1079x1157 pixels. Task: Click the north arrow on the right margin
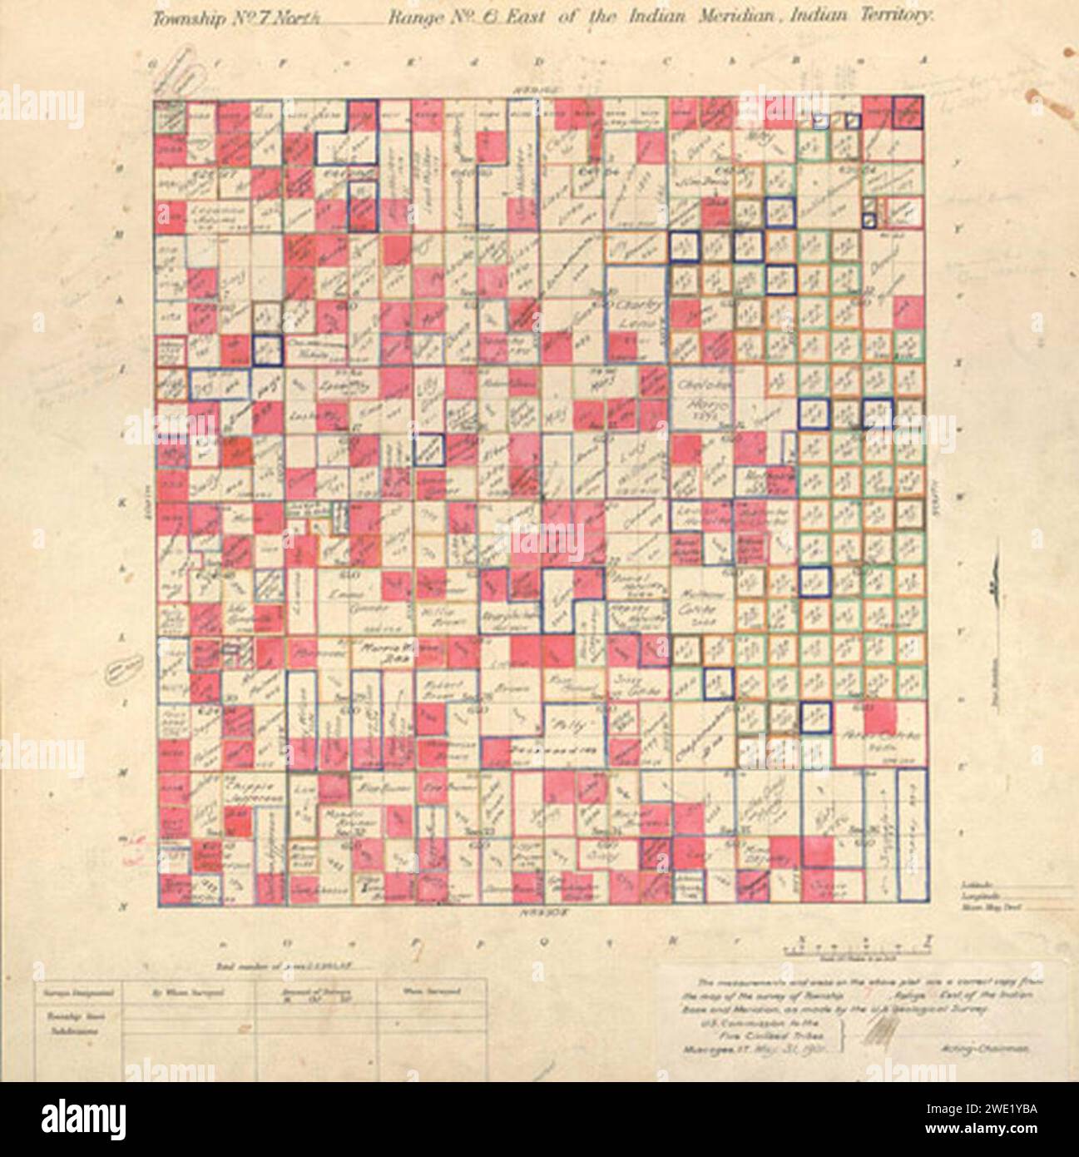990,587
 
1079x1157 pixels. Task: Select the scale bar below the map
857,946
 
